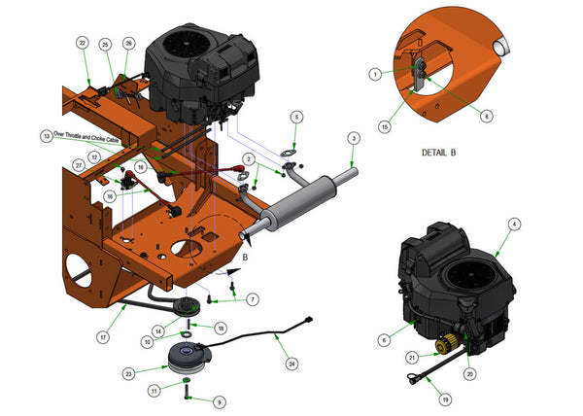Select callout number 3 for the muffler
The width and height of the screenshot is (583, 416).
(353, 138)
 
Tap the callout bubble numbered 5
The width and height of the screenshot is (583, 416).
(296, 117)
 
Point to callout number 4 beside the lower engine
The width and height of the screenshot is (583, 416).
(514, 224)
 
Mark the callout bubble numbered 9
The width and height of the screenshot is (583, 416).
(219, 399)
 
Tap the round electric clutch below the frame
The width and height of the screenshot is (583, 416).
(190, 358)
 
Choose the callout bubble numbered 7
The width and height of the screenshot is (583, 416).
(253, 299)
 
